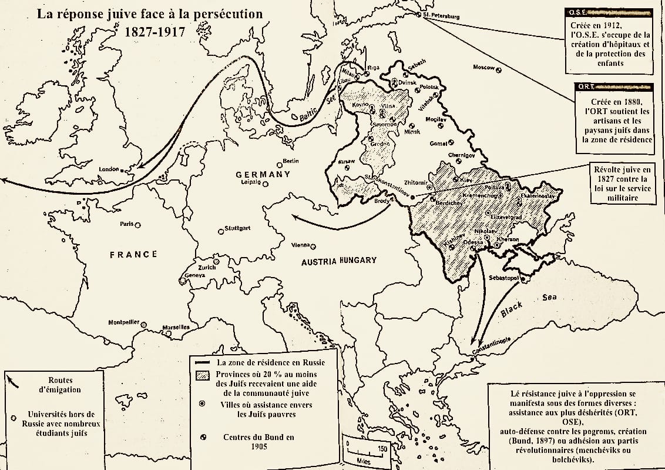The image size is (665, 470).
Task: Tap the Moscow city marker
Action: coord(499,69)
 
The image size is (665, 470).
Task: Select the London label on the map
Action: coord(109,169)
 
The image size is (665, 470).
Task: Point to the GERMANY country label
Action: coord(263,174)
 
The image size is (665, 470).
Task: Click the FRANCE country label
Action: coord(133,254)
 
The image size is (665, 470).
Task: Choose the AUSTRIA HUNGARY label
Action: coord(339,261)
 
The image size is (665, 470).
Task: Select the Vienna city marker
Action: coord(313,246)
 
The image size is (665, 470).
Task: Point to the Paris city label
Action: coord(127,224)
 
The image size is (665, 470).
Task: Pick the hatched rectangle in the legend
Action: coord(202,375)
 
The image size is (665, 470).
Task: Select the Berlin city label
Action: coord(291,161)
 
